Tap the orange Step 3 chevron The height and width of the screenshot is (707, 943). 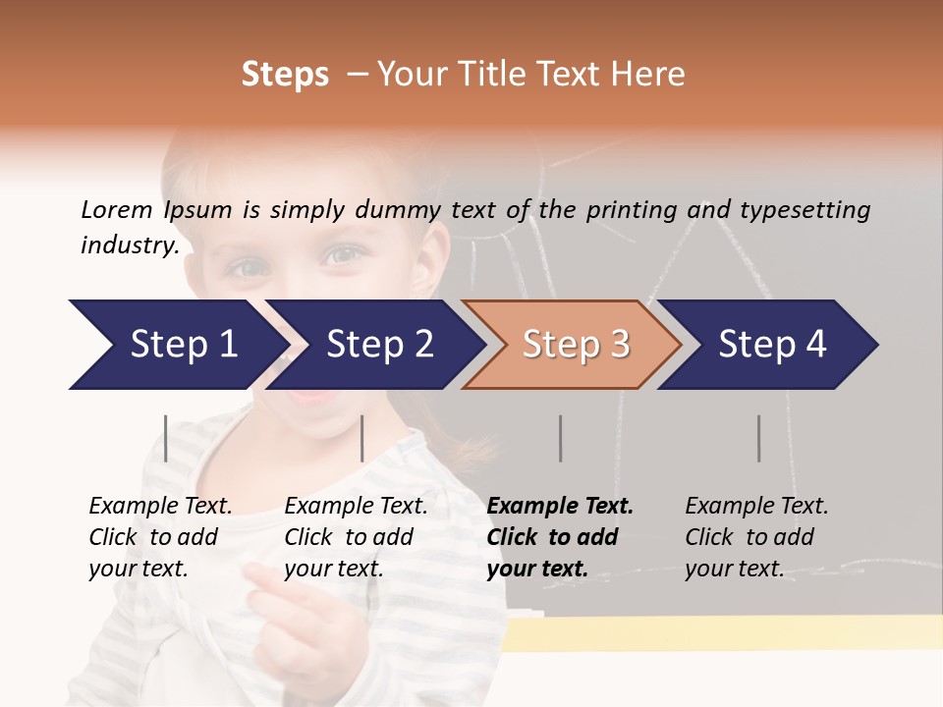pos(572,345)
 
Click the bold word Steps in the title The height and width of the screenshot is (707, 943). pos(285,75)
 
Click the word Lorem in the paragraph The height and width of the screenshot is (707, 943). pos(117,209)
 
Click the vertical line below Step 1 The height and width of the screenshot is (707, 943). pos(166,438)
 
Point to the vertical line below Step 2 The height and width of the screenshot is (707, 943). pos(362,438)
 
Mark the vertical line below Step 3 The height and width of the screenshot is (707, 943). pos(561,438)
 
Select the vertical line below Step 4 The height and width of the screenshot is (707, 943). pos(759,438)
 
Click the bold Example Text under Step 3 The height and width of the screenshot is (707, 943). pos(560,507)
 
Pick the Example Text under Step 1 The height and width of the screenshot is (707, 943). pos(160,507)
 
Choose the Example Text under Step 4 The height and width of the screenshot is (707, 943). pos(756,507)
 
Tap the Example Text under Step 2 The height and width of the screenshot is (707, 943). pos(356,507)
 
